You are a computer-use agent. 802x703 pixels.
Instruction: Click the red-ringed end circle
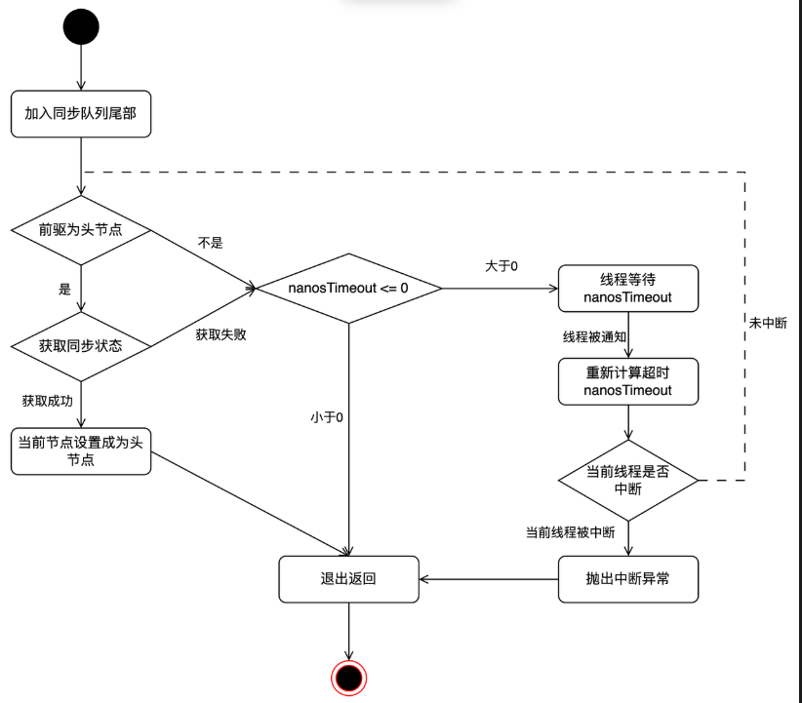coord(348,677)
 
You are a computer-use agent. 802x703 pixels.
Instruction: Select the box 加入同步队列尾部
coord(82,114)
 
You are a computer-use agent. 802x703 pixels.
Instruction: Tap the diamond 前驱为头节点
coord(81,230)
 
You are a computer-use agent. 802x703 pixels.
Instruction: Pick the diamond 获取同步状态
coord(81,346)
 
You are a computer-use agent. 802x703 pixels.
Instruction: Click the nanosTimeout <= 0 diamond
coord(348,288)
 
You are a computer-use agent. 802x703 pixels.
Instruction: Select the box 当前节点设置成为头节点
coord(81,450)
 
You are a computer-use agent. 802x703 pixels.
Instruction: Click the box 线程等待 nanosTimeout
coord(628,288)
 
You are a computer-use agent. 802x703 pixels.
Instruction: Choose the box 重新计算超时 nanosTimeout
coord(628,381)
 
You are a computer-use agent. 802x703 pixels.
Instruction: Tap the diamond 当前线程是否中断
coord(628,480)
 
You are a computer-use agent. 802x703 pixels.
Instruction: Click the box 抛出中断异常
coord(628,579)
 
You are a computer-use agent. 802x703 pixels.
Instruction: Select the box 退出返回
coord(348,579)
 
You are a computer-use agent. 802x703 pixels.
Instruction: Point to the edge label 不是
coord(210,243)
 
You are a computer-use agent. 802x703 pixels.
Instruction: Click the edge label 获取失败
coord(220,334)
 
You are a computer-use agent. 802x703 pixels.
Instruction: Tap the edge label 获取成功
coord(47,401)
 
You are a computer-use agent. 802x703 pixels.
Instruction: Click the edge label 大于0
coord(501,265)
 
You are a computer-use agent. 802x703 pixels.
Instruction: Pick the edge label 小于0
coord(327,417)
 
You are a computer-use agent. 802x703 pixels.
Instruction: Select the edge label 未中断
coord(769,323)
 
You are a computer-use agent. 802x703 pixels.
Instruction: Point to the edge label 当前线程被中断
coord(570,532)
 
